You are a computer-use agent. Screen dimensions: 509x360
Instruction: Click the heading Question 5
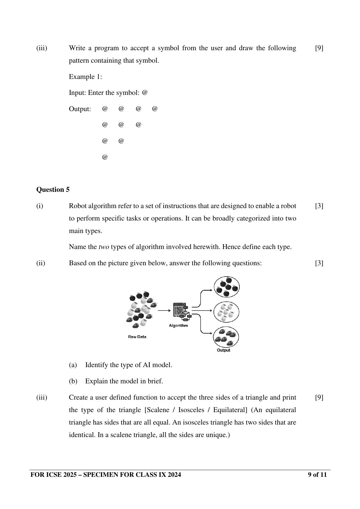pos(53,189)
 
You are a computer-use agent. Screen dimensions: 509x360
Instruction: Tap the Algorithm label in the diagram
pos(178,325)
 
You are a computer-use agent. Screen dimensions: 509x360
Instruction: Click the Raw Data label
pos(137,337)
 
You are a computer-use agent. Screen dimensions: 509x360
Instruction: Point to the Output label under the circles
pos(223,350)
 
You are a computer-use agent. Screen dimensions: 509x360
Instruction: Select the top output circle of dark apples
pos(227,287)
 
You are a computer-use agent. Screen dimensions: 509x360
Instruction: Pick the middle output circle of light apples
pos(226,312)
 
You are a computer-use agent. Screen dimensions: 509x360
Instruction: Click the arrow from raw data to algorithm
pos(164,310)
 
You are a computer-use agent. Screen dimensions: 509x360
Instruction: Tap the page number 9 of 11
pos(317,475)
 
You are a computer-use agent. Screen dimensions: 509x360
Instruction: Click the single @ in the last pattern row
pos(105,157)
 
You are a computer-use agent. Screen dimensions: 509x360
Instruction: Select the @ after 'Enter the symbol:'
pos(145,93)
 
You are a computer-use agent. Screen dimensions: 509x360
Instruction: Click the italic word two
pos(104,247)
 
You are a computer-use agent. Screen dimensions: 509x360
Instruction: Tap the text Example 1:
pos(85,77)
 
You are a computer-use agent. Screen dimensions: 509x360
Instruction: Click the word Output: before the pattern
pos(80,109)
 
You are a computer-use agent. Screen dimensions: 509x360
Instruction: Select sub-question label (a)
pos(73,365)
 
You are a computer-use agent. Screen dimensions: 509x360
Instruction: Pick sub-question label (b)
pos(73,381)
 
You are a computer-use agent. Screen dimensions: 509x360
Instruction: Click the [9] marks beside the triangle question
pos(319,397)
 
